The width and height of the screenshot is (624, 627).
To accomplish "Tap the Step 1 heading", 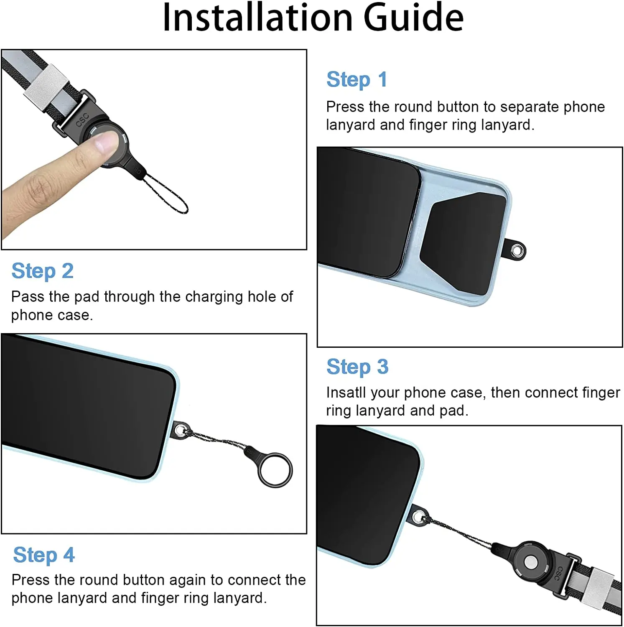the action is point(357,79).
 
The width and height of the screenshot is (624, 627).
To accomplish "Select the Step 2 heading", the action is point(43,271).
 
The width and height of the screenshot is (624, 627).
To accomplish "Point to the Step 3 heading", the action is point(357,367).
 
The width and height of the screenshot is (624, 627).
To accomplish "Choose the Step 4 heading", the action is point(44,555).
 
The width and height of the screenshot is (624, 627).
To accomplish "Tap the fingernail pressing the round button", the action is point(105,141).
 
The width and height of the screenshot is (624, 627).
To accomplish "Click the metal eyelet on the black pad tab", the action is point(517,251).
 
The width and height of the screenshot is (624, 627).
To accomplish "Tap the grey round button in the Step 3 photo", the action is point(531,562).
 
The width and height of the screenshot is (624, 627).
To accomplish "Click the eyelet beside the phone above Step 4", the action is point(180,430).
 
